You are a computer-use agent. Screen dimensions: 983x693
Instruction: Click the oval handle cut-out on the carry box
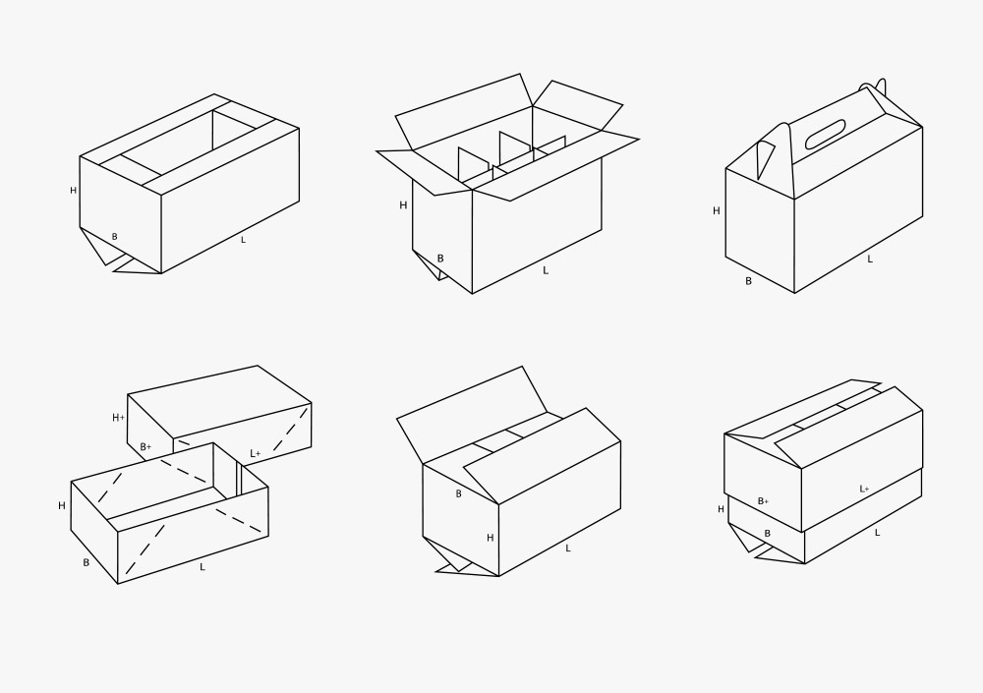pyautogui.click(x=826, y=135)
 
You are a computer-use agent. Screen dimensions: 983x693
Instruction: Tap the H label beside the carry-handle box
pyautogui.click(x=717, y=211)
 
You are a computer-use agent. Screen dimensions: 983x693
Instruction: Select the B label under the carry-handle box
pyautogui.click(x=748, y=281)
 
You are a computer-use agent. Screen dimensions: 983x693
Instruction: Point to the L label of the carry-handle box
pyautogui.click(x=870, y=259)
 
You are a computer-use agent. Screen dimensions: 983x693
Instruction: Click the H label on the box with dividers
pyautogui.click(x=403, y=205)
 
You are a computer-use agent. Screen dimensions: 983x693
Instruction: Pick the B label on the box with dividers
pyautogui.click(x=440, y=259)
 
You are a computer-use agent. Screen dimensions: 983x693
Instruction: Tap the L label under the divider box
pyautogui.click(x=546, y=271)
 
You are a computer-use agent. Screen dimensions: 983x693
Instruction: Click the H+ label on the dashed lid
pyautogui.click(x=119, y=418)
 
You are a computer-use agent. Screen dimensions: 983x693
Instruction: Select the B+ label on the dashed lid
pyautogui.click(x=145, y=447)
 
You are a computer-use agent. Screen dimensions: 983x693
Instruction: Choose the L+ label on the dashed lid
pyautogui.click(x=256, y=453)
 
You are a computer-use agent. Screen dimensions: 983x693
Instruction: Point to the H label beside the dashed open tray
pyautogui.click(x=61, y=505)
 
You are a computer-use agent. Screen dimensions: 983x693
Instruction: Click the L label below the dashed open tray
pyautogui.click(x=202, y=567)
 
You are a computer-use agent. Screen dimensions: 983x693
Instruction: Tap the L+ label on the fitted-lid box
pyautogui.click(x=864, y=490)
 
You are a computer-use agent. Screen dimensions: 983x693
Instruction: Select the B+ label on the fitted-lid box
pyautogui.click(x=763, y=501)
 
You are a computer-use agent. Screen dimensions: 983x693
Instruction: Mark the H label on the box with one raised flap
pyautogui.click(x=491, y=538)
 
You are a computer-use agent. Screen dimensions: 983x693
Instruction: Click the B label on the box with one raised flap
pyautogui.click(x=458, y=494)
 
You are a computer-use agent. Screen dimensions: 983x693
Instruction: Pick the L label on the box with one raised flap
pyautogui.click(x=568, y=549)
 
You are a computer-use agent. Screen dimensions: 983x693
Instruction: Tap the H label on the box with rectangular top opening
pyautogui.click(x=74, y=191)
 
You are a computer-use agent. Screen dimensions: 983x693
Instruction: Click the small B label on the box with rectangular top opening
pyautogui.click(x=114, y=237)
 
